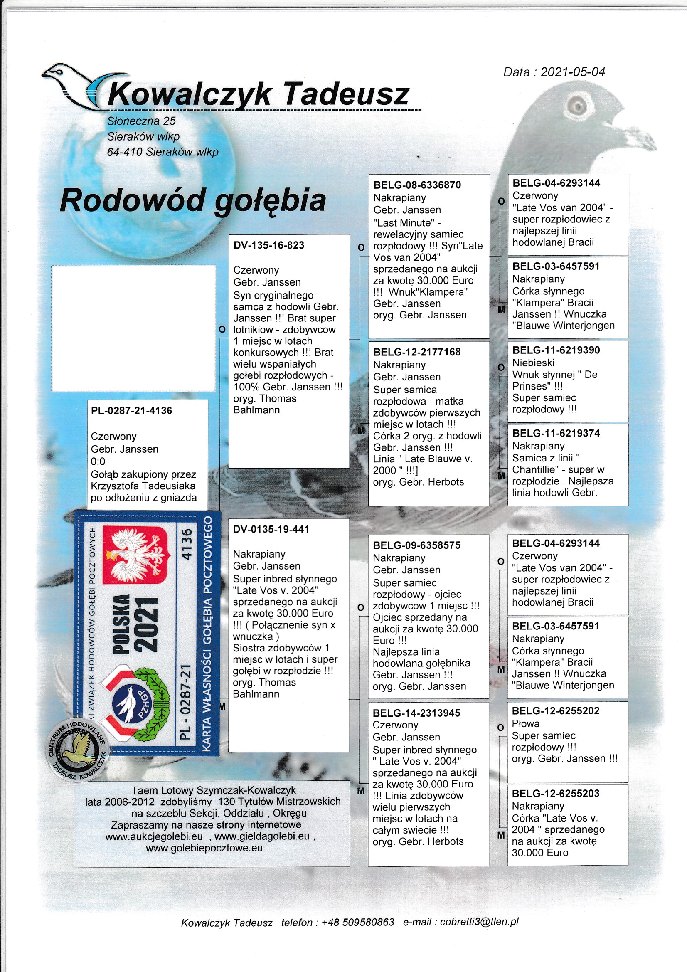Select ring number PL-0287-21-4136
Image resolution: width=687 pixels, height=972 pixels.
point(131,411)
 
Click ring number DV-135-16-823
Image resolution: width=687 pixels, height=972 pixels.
point(269,246)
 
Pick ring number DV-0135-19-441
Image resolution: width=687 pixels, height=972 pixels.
point(271,529)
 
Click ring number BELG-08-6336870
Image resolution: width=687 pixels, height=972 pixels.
point(417,185)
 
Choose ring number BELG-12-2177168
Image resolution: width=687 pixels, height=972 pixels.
point(416,352)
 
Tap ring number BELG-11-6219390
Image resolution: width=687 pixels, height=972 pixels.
point(556,350)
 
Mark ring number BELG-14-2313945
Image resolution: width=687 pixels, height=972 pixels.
point(416,713)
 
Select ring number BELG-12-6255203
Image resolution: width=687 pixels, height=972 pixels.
point(555,793)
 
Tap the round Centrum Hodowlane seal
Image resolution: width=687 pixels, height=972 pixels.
point(77,750)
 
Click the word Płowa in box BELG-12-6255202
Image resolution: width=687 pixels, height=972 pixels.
point(526,723)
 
